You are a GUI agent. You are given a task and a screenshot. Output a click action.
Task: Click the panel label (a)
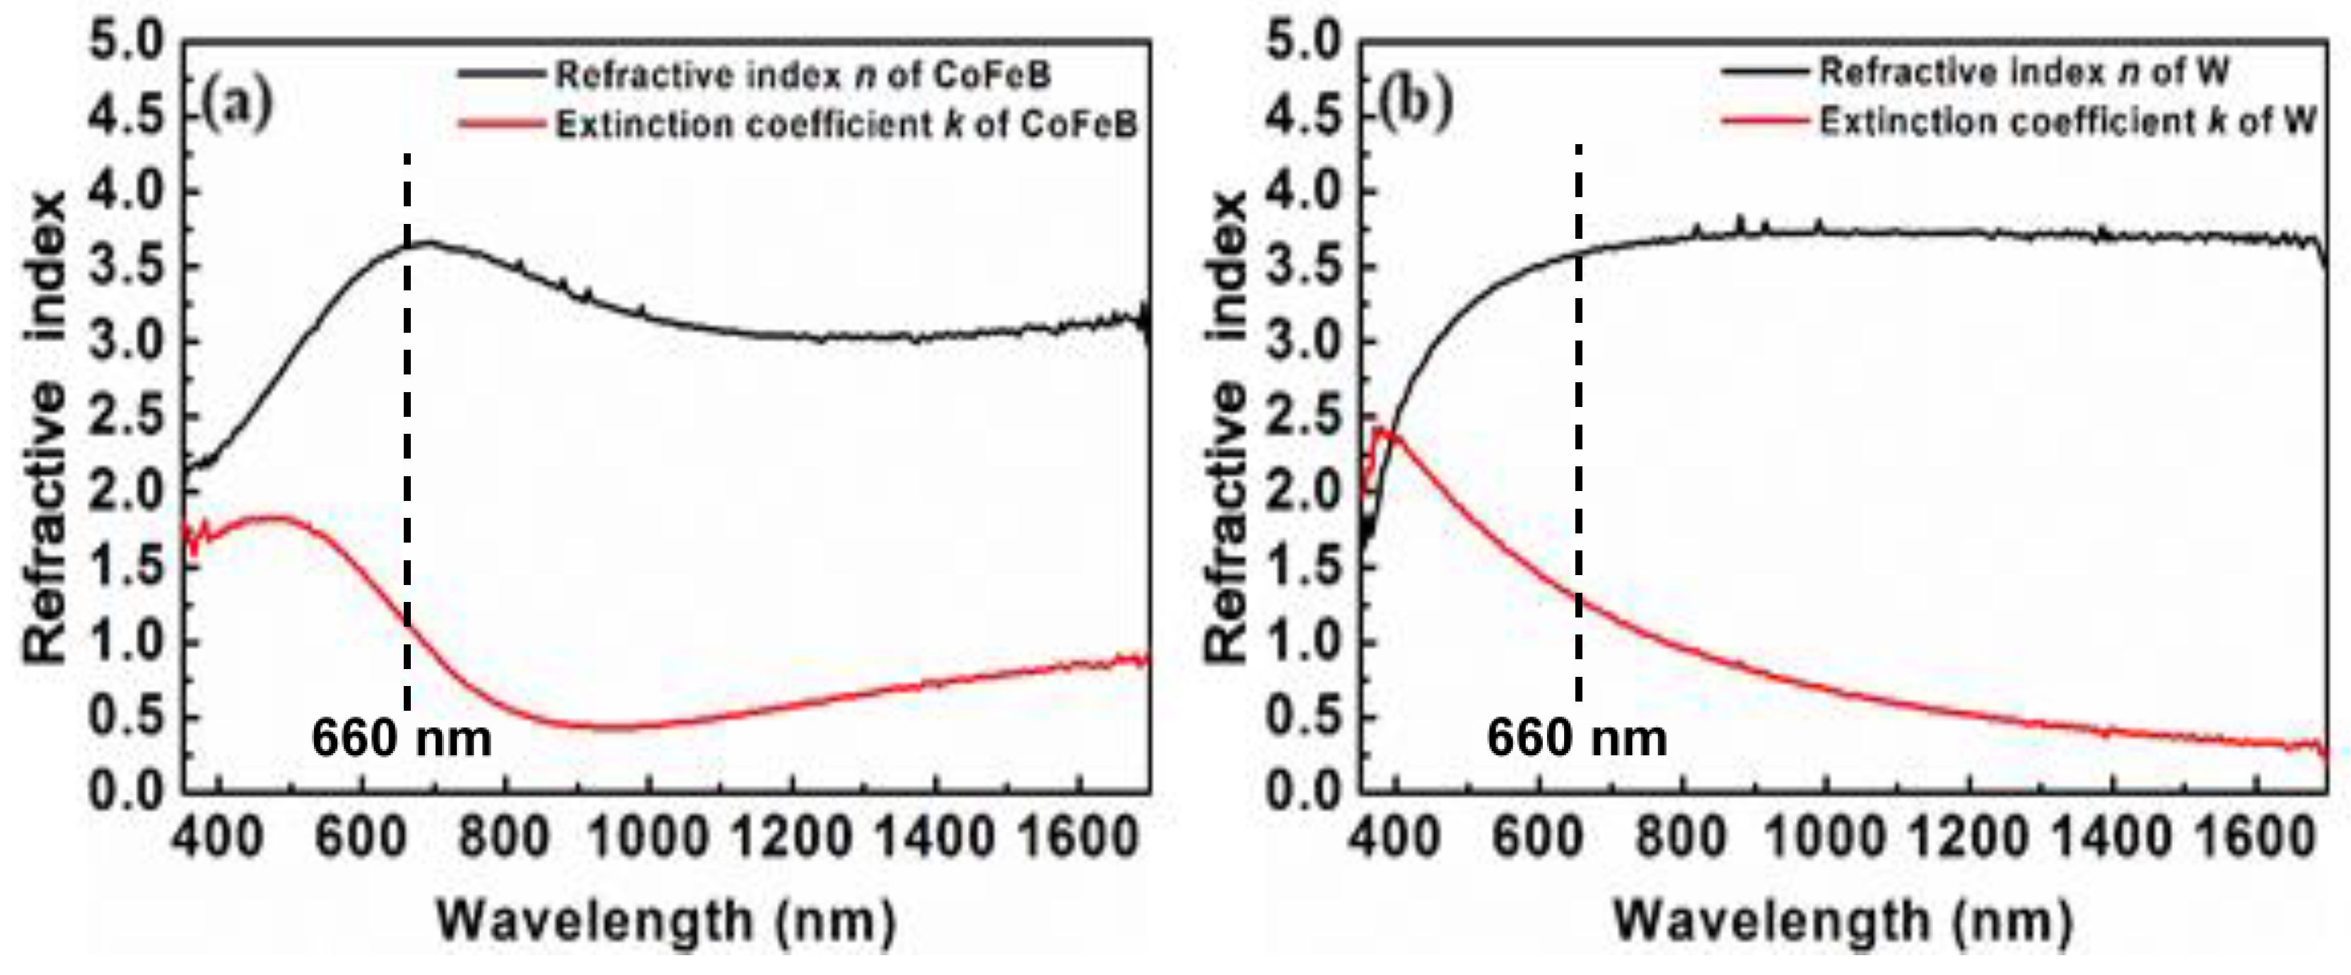pyautogui.click(x=238, y=107)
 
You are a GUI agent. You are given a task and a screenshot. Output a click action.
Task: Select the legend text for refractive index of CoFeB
pyautogui.click(x=803, y=75)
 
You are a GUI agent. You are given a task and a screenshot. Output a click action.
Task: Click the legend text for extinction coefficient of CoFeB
pyautogui.click(x=847, y=124)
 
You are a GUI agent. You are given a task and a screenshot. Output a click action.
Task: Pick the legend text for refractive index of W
pyautogui.click(x=2024, y=72)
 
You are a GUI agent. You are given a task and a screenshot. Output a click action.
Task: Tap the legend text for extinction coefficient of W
pyautogui.click(x=2068, y=122)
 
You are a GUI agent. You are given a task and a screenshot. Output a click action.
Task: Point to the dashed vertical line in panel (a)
pyautogui.click(x=407, y=429)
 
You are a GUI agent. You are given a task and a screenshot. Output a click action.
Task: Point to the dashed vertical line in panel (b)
pyautogui.click(x=1578, y=420)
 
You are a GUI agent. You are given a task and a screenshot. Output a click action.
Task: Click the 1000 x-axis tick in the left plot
pyautogui.click(x=649, y=837)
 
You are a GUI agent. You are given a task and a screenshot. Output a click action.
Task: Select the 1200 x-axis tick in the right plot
pyautogui.click(x=1968, y=837)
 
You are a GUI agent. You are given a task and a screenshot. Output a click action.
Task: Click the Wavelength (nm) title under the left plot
pyautogui.click(x=666, y=921)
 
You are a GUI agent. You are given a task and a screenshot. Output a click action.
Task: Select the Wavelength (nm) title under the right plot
pyautogui.click(x=1843, y=921)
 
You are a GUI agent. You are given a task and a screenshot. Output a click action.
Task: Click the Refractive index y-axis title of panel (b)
pyautogui.click(x=1225, y=429)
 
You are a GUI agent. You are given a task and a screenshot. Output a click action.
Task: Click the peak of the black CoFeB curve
pyautogui.click(x=427, y=242)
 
